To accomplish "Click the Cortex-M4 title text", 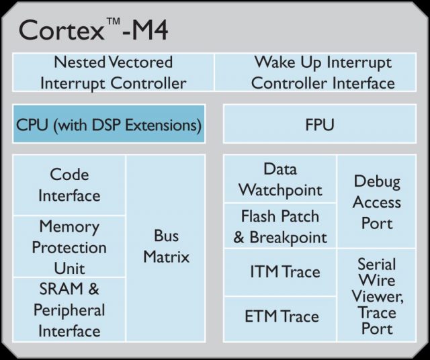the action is click(93, 30).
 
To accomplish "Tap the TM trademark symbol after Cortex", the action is click(113, 21).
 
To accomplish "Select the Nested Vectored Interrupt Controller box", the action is click(113, 73).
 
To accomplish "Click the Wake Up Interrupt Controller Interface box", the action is click(315, 73).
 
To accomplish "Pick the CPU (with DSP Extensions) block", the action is click(109, 124).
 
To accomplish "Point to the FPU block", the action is click(320, 124).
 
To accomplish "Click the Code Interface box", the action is click(69, 185).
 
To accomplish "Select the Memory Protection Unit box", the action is click(69, 246).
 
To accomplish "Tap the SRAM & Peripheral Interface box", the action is click(69, 310).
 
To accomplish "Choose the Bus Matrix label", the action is click(166, 246).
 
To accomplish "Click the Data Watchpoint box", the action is click(280, 179).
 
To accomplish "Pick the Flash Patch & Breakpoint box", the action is click(280, 226).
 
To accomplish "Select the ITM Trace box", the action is click(280, 272).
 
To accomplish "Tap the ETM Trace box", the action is click(280, 319).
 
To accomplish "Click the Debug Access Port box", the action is click(377, 201).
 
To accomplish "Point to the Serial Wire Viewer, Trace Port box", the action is click(377, 296).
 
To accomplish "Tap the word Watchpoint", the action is click(280, 190).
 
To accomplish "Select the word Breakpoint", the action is click(288, 238).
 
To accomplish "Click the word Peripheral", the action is click(69, 311).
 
